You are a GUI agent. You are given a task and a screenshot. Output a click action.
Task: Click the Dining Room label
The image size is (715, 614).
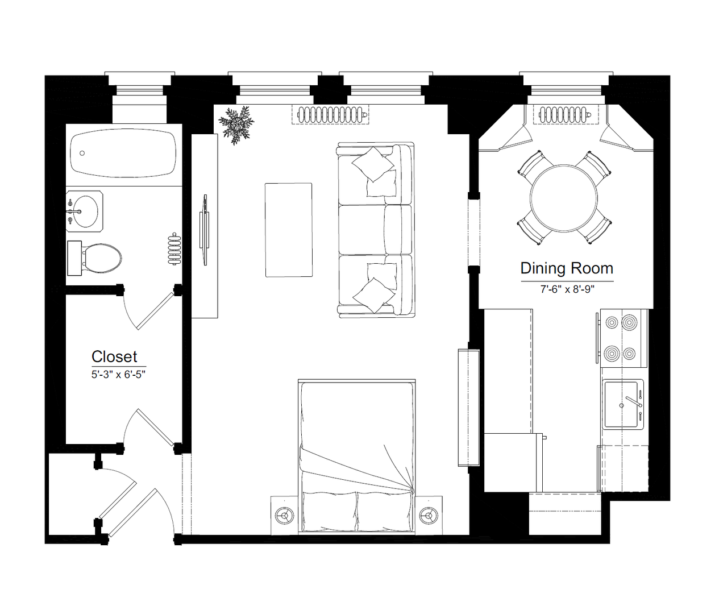567,268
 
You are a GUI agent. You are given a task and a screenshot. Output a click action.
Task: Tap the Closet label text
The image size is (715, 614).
114,357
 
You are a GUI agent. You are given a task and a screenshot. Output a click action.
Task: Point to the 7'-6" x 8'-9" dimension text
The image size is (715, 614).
567,289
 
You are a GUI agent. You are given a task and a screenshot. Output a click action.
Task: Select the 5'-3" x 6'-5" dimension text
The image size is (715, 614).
118,375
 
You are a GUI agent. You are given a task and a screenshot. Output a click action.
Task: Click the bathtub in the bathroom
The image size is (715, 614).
123,153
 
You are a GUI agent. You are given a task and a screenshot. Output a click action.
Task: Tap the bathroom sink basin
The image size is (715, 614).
86,211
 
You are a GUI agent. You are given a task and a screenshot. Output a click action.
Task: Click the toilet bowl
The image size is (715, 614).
102,258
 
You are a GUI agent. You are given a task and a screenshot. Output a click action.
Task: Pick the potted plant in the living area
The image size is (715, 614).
236,125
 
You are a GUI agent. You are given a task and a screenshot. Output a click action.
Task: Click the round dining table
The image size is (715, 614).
564,198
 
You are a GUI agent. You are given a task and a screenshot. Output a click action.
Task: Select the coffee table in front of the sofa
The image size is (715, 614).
289,230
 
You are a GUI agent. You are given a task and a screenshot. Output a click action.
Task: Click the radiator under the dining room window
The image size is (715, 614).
566,115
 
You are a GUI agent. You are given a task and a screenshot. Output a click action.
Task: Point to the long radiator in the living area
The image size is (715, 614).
330,115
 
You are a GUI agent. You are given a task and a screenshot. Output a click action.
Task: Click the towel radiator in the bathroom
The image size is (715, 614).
174,248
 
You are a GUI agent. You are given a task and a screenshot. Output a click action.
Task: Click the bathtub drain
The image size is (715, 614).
82,153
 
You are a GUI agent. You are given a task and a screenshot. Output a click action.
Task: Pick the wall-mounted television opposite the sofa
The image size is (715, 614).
205,230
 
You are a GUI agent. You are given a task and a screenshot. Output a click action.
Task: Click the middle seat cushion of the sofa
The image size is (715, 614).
362,230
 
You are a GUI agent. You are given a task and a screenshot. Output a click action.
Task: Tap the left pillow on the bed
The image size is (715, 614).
330,512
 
